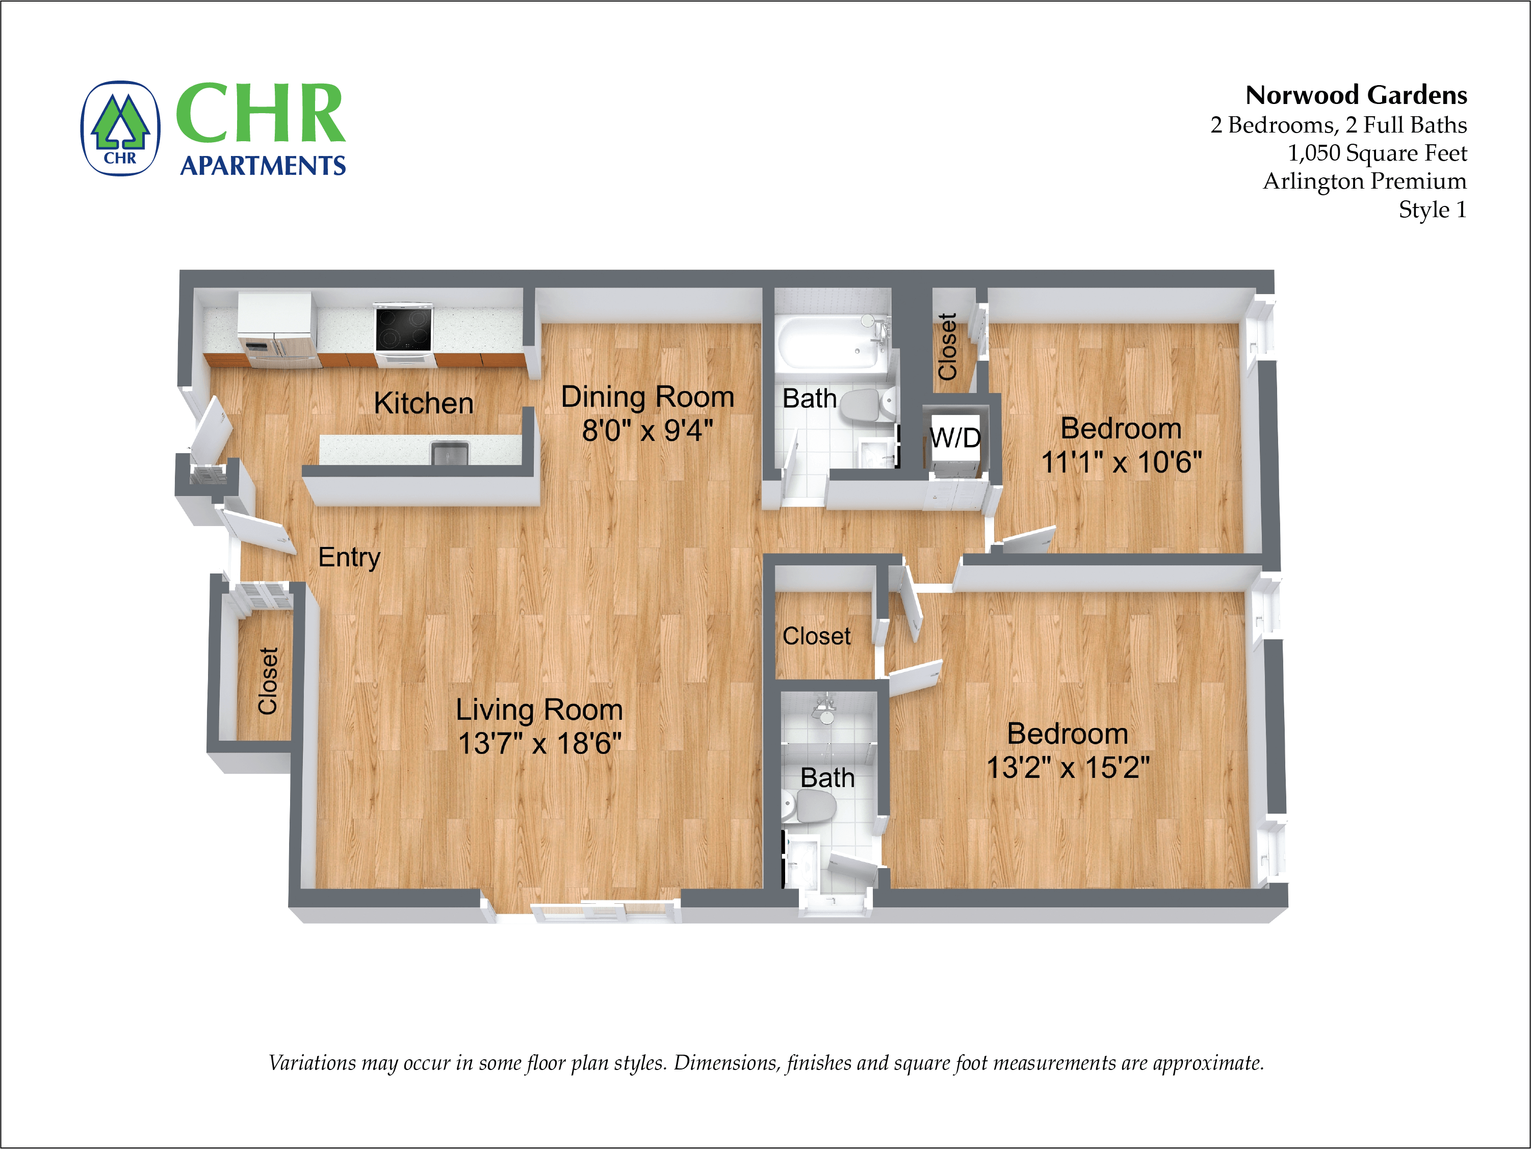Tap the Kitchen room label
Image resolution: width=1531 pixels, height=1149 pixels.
424,403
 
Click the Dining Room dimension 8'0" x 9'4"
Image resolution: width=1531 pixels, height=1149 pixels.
647,431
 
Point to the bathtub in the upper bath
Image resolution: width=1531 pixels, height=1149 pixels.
830,343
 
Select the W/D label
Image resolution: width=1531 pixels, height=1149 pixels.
955,437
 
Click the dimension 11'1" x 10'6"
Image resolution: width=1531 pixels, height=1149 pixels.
1121,462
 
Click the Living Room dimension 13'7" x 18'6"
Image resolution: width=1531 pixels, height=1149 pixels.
539,743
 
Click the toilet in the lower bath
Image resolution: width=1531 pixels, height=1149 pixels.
811,806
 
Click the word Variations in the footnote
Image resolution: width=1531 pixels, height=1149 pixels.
312,1062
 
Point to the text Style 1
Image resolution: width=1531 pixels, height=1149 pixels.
1432,210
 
